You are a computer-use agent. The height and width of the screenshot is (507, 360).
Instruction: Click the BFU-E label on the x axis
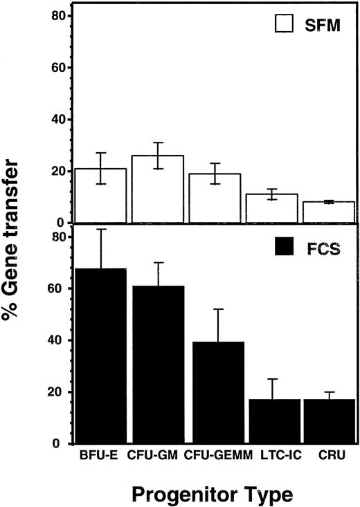[x=102, y=457]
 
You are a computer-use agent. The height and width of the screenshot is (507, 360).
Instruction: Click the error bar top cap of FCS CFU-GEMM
[x=217, y=309]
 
